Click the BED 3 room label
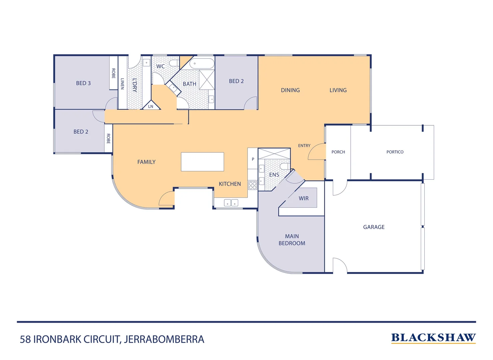(x=83, y=83)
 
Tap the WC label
(x=161, y=66)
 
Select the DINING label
(x=290, y=90)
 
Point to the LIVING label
(x=338, y=90)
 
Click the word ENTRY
(x=304, y=146)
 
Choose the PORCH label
(x=338, y=152)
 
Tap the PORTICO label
(x=395, y=152)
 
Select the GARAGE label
(x=374, y=227)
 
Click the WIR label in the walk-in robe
(x=303, y=198)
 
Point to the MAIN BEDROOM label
(x=292, y=240)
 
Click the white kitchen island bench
(x=202, y=162)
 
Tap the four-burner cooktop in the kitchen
(x=252, y=185)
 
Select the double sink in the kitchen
(x=231, y=203)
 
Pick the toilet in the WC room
(x=174, y=63)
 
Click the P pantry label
(x=253, y=159)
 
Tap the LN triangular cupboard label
(x=151, y=106)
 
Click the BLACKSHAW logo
(x=433, y=338)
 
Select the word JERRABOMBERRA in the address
(x=164, y=339)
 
